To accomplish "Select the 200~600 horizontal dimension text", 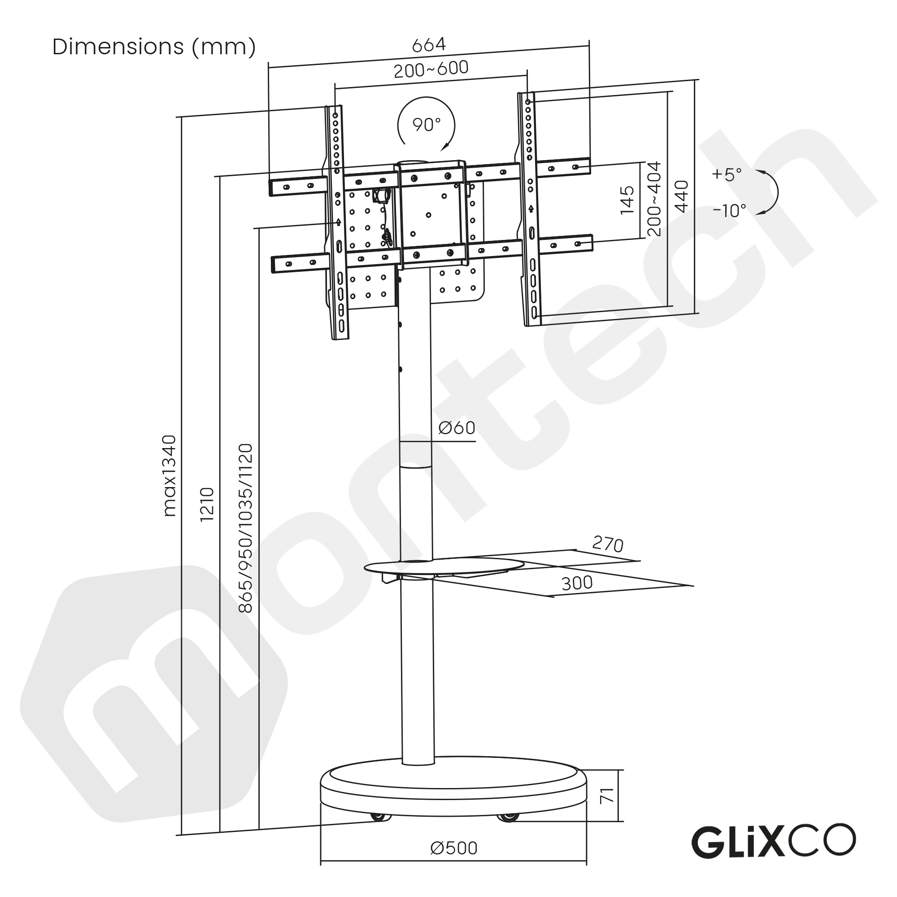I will click(x=431, y=70).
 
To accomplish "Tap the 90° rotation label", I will click(x=426, y=124).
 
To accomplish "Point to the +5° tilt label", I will click(x=727, y=174).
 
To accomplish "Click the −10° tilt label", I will click(x=729, y=211).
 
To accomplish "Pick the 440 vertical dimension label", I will click(x=681, y=196).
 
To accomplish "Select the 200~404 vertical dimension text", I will click(x=654, y=199).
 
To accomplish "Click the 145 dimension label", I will click(x=627, y=200).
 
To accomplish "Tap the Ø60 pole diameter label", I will click(x=457, y=427).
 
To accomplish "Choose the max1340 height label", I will click(x=170, y=475).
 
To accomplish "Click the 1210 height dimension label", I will click(x=207, y=504).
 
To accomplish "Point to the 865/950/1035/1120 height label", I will click(x=245, y=528).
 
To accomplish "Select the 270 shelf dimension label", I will click(x=607, y=544).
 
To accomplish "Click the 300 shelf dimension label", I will click(x=577, y=583).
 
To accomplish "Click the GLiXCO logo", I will click(x=773, y=841).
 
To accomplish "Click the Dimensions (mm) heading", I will click(x=154, y=47).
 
